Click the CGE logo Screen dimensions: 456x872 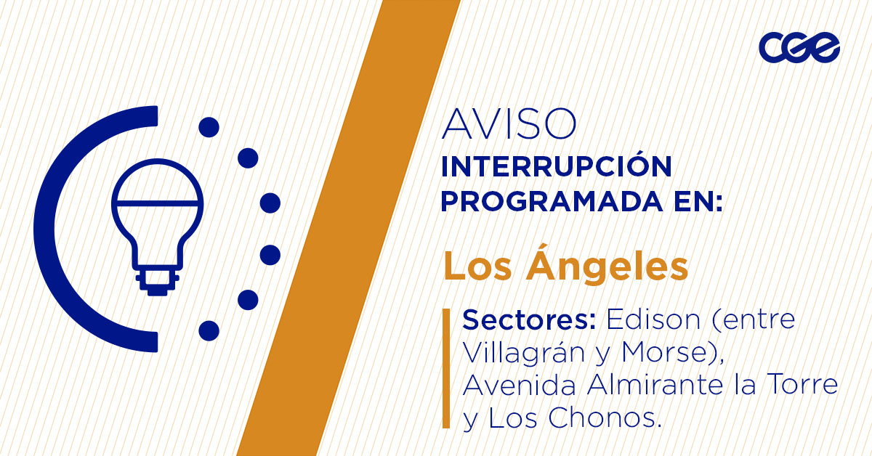point(799,48)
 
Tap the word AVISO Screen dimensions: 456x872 point(509,125)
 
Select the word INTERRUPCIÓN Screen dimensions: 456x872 point(556,167)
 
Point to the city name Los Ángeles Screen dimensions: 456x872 point(565,266)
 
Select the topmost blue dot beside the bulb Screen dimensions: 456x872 point(209,128)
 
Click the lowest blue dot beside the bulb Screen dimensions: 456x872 point(209,330)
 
